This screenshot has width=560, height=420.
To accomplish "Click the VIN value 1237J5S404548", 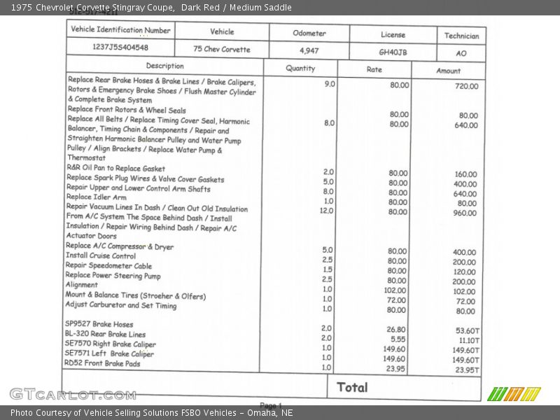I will pos(120,48).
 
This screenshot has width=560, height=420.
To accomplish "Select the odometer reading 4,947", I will pos(309,50).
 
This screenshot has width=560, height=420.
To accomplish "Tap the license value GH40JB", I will pos(393,52).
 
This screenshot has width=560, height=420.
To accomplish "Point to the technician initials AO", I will pos(461,53).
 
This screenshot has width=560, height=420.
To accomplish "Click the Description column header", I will pos(165,66).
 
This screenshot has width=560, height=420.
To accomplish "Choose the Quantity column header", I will pos(300,69).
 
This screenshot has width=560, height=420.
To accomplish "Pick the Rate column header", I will pos(374,70).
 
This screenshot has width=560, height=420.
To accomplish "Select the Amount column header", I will pos(449,71).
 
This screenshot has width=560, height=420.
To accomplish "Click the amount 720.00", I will pos(466,86).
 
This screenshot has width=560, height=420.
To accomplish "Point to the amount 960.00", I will pos(465,213).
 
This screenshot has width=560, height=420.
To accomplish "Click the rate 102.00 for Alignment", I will pos(395,290).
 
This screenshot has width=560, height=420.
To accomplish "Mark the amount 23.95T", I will pos(467,370).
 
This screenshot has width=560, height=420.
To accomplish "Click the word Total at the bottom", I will pos(352,387).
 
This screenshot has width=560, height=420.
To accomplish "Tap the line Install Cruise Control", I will pos(101,255).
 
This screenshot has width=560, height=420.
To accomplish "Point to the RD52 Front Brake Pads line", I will pos(102,363).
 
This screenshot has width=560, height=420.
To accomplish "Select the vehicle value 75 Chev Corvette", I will pos(222,49).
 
